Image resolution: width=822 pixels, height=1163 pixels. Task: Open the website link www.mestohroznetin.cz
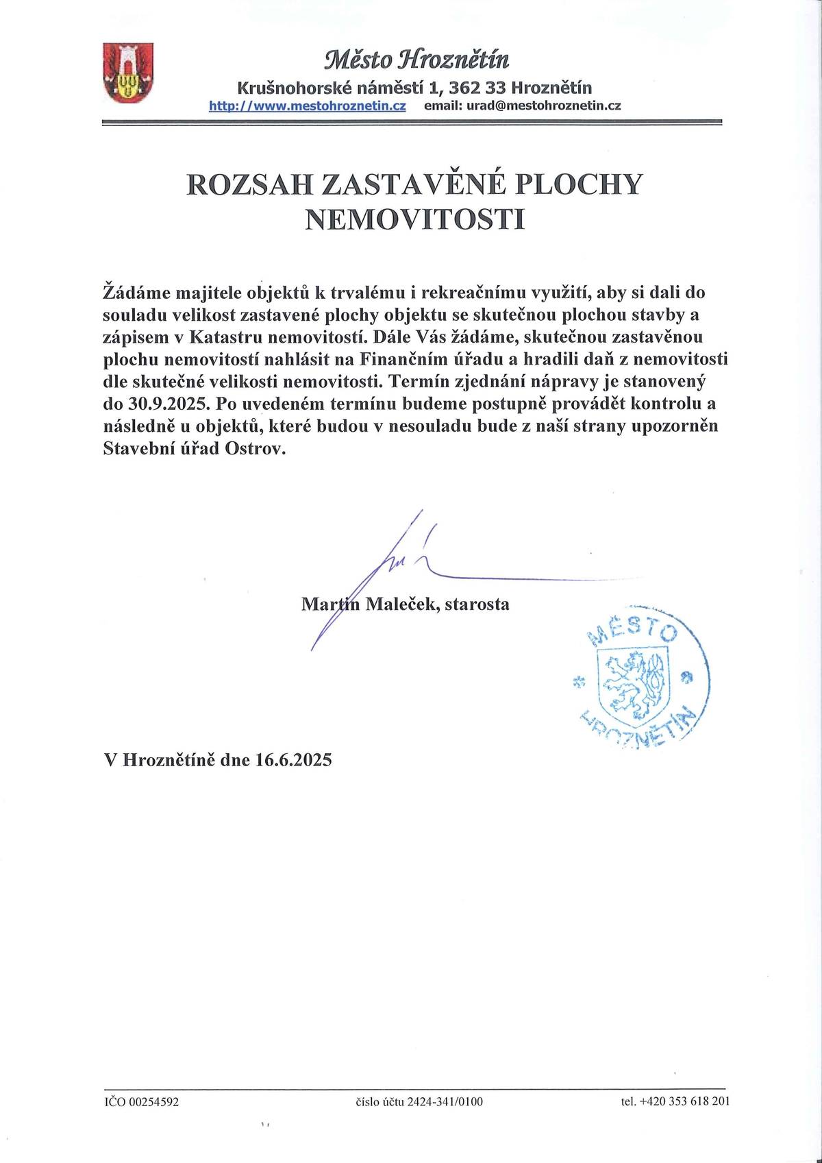[308, 106]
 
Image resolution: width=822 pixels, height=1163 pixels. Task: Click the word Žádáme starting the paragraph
[134, 292]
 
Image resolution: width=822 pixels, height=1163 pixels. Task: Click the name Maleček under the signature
[398, 604]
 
